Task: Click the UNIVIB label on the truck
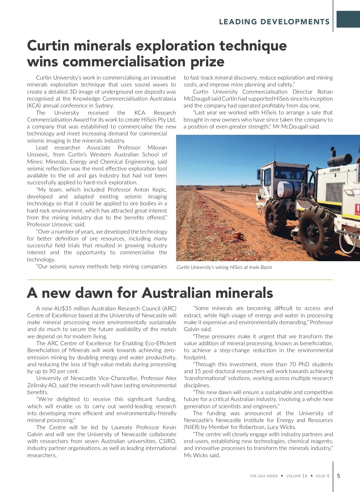point(335,170)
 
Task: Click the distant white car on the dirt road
point(222,189)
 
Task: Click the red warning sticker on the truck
point(357,209)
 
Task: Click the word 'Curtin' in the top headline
point(48,46)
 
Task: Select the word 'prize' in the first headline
point(207,62)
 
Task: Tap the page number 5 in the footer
point(339,476)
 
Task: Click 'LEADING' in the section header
point(238,22)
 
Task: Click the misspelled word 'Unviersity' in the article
point(67,113)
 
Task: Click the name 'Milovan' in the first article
point(157,148)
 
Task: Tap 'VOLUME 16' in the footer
point(297,476)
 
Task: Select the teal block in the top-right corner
point(348,19)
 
